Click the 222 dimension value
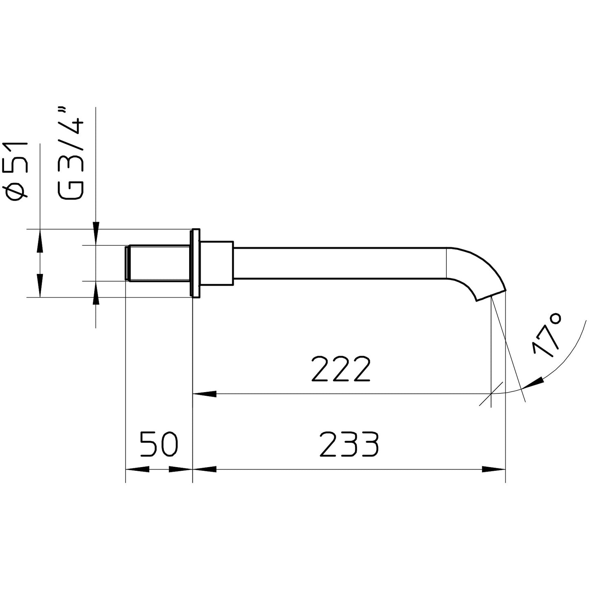pyautogui.click(x=341, y=369)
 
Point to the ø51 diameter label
pyautogui.click(x=18, y=171)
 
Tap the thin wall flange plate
pyautogui.click(x=196, y=263)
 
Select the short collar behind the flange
pyautogui.click(x=217, y=263)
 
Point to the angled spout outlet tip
pyautogui.click(x=491, y=294)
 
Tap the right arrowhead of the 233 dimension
pyautogui.click(x=493, y=470)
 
